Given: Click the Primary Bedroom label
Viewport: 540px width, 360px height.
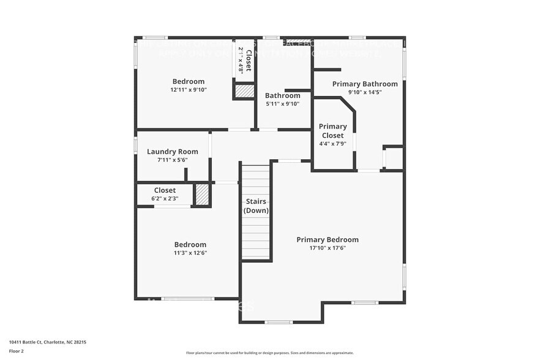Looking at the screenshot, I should (x=328, y=239).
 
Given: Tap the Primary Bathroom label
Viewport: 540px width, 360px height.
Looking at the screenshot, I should (x=365, y=84).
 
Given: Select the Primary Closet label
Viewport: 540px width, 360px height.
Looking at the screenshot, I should (x=332, y=130).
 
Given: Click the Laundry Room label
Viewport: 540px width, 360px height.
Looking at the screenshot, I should (x=172, y=151).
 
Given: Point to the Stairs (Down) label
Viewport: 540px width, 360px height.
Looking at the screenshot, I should (x=256, y=206).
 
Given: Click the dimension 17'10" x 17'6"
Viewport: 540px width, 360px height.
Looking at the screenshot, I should (x=328, y=248).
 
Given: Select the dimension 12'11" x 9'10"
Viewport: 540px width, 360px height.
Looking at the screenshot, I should (x=189, y=90).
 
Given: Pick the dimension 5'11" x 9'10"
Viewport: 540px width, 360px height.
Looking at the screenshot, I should (x=282, y=104).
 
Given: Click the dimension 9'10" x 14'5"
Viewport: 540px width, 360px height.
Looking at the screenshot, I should (x=365, y=92).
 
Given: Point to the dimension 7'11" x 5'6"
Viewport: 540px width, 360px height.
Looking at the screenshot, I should (x=172, y=160).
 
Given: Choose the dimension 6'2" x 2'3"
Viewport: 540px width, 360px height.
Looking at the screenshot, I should (x=165, y=199).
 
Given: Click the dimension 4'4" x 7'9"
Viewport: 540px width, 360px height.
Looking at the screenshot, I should (x=332, y=144).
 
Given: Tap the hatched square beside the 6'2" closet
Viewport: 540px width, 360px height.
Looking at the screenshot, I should (x=202, y=195).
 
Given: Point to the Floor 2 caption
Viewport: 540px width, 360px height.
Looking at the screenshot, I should (x=17, y=351).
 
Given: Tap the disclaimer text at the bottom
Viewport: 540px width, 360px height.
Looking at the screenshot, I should (x=269, y=353).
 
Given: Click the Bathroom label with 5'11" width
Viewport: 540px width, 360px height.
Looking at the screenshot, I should (x=282, y=96).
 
